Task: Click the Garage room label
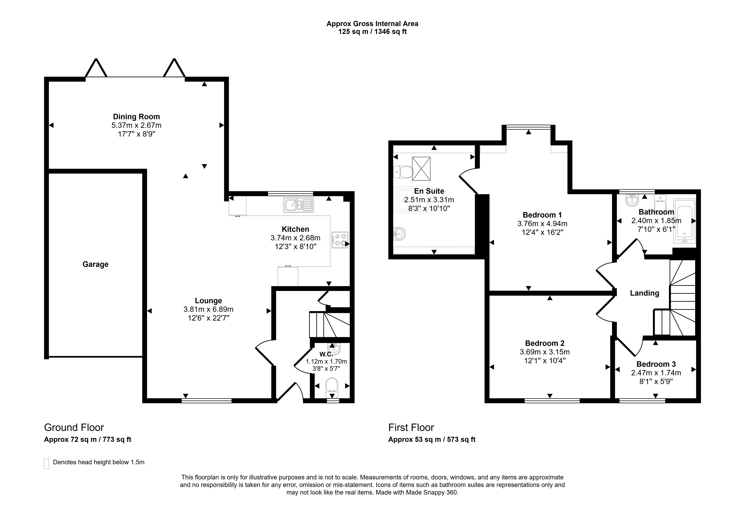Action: pyautogui.click(x=96, y=264)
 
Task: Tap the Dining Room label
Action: pyautogui.click(x=136, y=117)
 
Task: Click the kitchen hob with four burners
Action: pyautogui.click(x=340, y=240)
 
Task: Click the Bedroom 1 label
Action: pyautogui.click(x=542, y=215)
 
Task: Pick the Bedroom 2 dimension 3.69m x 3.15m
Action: pyautogui.click(x=545, y=352)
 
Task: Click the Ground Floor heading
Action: pyautogui.click(x=74, y=427)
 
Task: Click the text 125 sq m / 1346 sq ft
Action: pyautogui.click(x=373, y=32)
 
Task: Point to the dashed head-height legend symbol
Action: pyautogui.click(x=46, y=464)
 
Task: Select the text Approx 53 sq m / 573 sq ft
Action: pyautogui.click(x=432, y=439)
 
